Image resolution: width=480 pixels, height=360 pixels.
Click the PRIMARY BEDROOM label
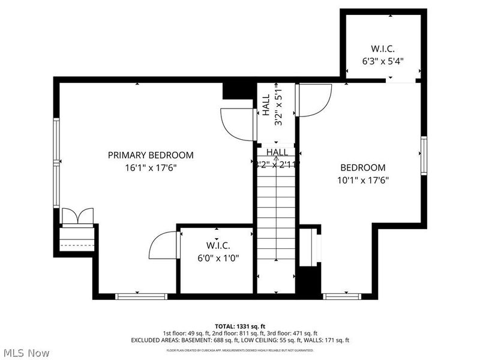pos(151,155)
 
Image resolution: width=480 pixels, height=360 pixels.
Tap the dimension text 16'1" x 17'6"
pos(151,169)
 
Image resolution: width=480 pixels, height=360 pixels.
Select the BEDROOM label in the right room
pos(363,168)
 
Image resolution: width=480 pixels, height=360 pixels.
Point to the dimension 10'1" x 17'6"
pos(363,181)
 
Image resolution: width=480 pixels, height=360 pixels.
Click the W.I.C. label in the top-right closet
pos(382,48)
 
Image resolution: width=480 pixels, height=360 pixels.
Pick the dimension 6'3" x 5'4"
pos(382,61)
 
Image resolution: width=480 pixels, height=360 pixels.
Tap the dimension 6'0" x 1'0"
pos(218,259)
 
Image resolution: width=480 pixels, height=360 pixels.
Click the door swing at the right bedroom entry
pos(314,100)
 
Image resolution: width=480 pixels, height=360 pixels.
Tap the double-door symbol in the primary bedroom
pos(78,216)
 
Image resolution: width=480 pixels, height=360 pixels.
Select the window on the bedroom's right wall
pos(424,155)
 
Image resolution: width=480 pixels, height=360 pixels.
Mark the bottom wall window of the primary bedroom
pos(141,296)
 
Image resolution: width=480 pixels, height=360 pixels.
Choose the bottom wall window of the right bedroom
pos(341,296)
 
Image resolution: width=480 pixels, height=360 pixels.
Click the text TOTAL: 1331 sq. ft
pos(240,326)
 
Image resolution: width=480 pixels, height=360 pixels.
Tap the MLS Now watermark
pos(26,353)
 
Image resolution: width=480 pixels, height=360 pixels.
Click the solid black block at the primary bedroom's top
pos(238,91)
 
